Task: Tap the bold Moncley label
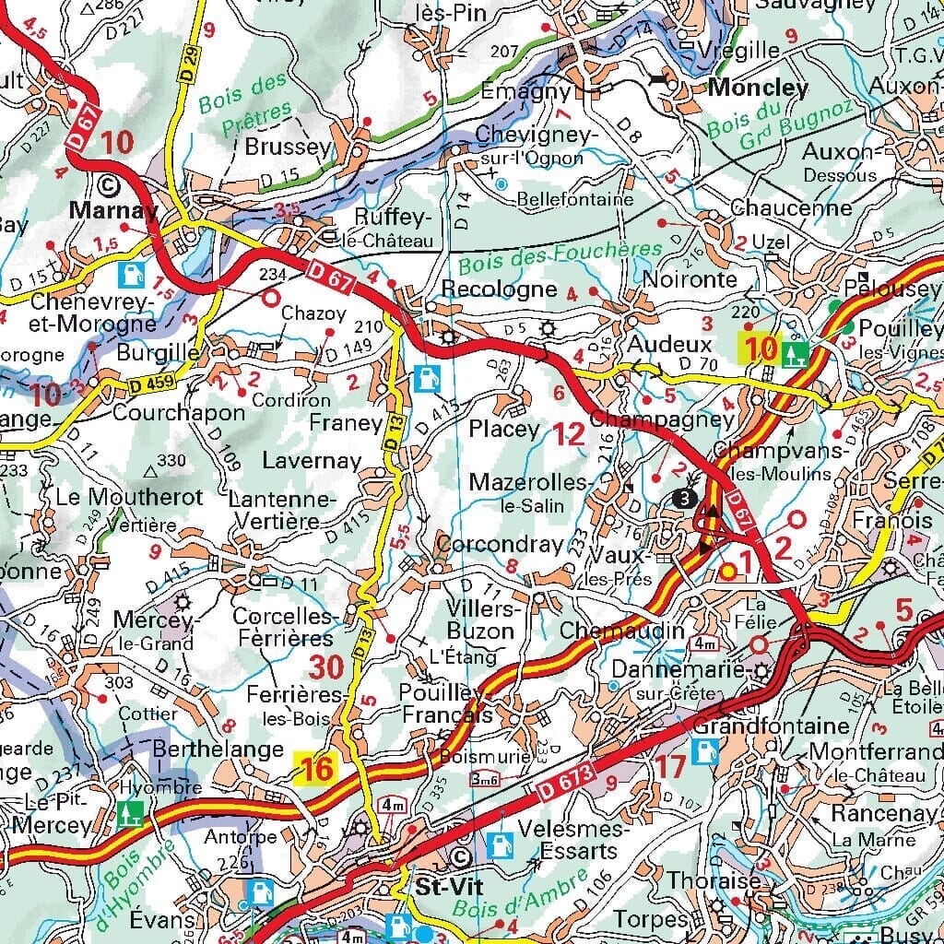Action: click(x=759, y=88)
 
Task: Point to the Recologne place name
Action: click(x=499, y=289)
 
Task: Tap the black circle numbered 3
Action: click(x=683, y=499)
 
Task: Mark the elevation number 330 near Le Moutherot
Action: click(x=171, y=460)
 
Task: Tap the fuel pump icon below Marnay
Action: click(x=135, y=273)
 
